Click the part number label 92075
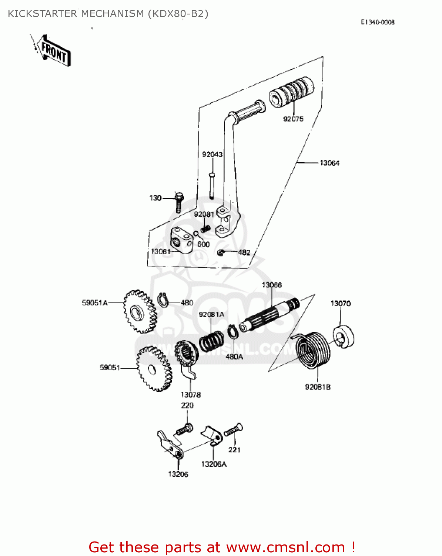(x=293, y=119)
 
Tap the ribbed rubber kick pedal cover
(x=292, y=92)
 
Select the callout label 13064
(x=329, y=163)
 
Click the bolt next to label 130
(x=178, y=202)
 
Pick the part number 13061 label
(x=161, y=252)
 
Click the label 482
(x=244, y=252)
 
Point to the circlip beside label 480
(x=163, y=299)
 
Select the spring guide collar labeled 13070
(x=344, y=337)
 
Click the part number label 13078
(x=190, y=395)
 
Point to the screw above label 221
(x=233, y=431)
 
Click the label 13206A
(x=214, y=464)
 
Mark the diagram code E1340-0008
(x=378, y=22)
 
